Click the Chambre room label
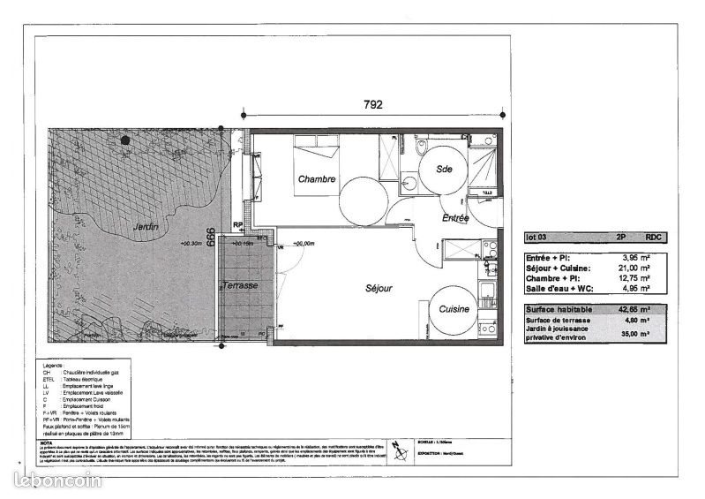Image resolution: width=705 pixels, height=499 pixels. coord(316,179)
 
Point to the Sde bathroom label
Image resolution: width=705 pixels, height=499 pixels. coord(443,172)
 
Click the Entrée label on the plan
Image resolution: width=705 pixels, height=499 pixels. coord(455,217)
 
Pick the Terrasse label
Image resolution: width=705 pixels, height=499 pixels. coord(240,287)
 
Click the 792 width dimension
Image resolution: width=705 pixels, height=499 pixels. coord(372,104)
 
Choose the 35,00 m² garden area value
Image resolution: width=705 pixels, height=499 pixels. coord(634,335)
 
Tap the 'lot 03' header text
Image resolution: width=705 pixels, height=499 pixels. coord(536,238)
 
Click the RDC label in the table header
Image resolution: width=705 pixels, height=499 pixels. coord(654,238)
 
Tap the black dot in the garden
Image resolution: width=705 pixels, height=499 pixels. coord(126,139)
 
